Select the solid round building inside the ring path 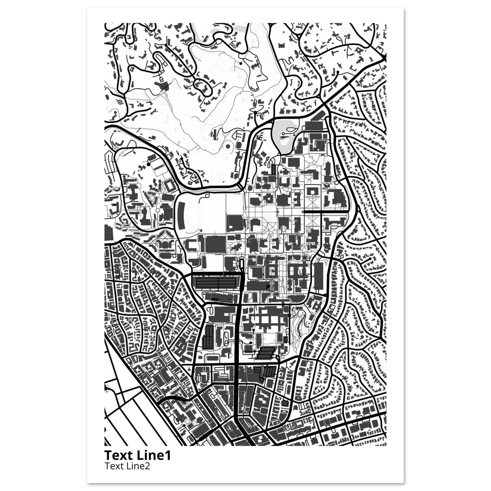click(x=228, y=146)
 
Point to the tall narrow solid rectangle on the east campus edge click(x=319, y=275)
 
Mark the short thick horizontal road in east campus click(x=325, y=211)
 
